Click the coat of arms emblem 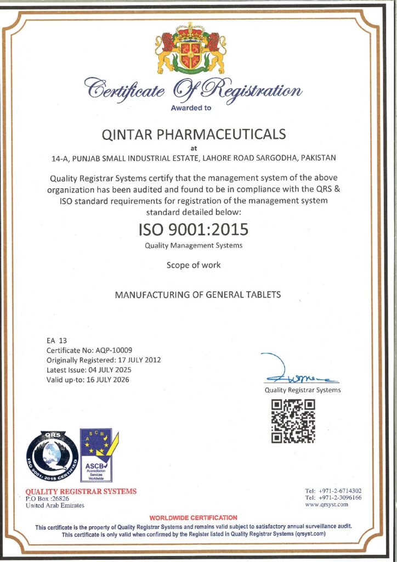[190, 48]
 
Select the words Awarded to [191, 108]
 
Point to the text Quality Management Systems [193, 245]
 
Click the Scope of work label [194, 265]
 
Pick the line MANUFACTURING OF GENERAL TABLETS [197, 295]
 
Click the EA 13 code [56, 340]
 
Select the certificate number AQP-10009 [112, 350]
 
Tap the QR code [293, 421]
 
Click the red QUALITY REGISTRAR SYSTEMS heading [81, 491]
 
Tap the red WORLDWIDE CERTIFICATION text [193, 518]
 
